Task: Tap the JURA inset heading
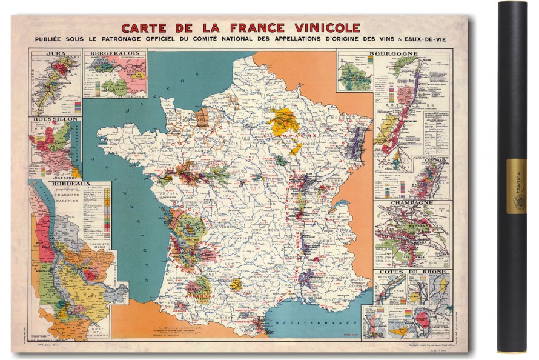click(55, 54)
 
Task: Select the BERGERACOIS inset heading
click(114, 54)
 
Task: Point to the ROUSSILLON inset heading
click(55, 119)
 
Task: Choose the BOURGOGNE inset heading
click(402, 54)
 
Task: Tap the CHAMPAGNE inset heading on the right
click(412, 203)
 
